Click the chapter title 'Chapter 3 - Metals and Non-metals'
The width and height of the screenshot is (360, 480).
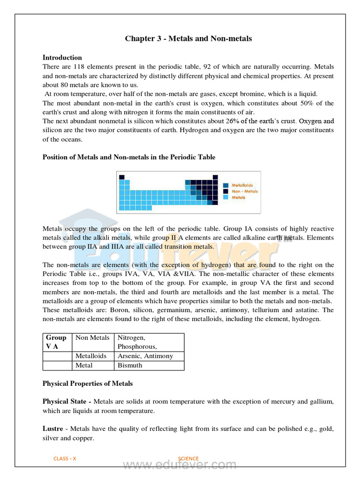coord(188,38)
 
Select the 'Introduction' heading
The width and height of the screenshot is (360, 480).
coord(62,58)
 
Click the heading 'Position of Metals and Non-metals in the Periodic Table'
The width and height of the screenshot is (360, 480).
coord(129,157)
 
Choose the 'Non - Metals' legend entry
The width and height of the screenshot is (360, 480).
coord(243,191)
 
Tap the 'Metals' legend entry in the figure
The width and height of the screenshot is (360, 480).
coord(239,198)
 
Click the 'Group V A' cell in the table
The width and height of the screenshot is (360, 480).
coord(56,342)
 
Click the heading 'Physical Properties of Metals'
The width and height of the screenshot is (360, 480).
coord(88,383)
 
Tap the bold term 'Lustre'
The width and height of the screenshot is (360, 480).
coord(53,429)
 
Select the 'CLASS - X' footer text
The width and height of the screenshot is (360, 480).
coord(65,458)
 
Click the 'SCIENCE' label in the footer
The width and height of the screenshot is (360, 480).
coord(188,458)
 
